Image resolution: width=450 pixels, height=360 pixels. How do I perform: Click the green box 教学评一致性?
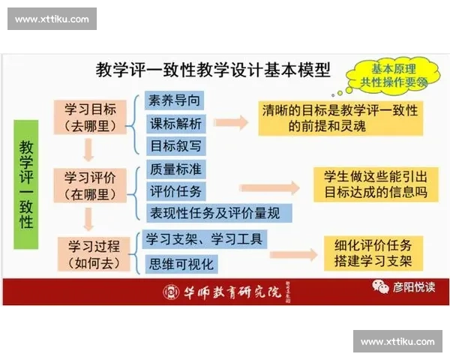coord(26,184)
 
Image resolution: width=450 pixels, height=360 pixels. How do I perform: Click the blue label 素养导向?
coord(175,100)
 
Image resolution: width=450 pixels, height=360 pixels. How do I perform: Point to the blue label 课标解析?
coord(175,123)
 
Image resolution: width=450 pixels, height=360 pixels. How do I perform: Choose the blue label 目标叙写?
coord(175,145)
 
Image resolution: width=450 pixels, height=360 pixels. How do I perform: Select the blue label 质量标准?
coord(175,169)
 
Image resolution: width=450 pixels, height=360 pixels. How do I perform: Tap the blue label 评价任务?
coord(175,190)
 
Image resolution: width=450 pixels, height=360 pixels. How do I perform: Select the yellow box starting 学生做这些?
coord(375,184)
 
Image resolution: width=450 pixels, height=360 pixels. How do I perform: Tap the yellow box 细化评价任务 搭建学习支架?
coord(373,253)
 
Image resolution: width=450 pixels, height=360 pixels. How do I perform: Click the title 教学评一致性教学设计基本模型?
coord(214,70)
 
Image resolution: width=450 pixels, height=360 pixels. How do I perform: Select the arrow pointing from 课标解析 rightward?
coord(231,122)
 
